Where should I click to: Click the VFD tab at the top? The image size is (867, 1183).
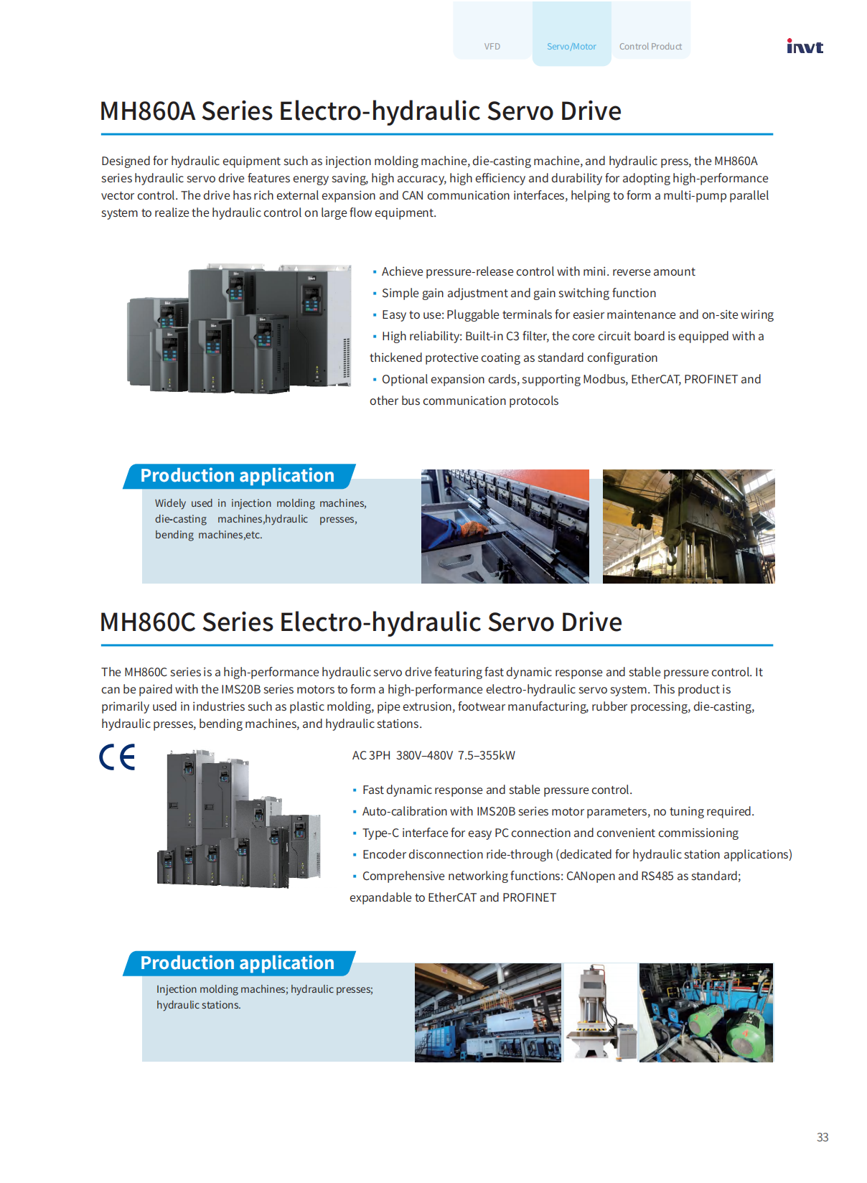point(492,47)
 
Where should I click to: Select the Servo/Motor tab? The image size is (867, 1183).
point(571,47)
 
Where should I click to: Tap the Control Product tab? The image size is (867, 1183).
point(650,47)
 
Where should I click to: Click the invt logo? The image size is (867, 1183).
point(805,47)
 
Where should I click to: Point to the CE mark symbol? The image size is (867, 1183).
point(117,757)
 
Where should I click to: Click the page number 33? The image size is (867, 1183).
point(823,1137)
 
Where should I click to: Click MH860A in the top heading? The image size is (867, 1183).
point(147,111)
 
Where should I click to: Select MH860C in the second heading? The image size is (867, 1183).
point(147,622)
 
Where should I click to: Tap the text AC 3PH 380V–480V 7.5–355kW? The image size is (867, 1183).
point(433,755)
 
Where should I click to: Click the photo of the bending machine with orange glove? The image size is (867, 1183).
point(505,526)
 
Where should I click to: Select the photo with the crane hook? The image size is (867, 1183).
point(688,526)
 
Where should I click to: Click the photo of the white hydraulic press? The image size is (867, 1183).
point(600,1012)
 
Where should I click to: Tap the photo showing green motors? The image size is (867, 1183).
point(706,1012)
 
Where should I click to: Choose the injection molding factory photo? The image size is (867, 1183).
point(488,1012)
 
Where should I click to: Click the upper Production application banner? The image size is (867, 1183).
point(238,476)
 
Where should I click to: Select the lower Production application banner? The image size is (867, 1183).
point(238,963)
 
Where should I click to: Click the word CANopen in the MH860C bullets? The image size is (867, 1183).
point(591,876)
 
